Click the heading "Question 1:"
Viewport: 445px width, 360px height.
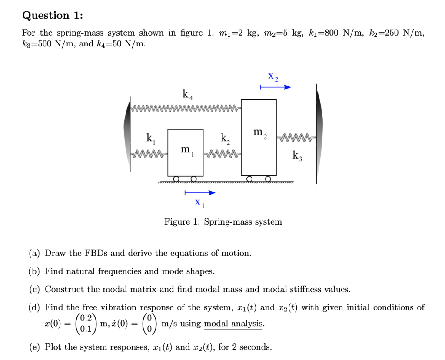52,15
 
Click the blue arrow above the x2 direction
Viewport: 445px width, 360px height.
275,88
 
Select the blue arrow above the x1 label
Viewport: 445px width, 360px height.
199,192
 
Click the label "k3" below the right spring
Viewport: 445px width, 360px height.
297,155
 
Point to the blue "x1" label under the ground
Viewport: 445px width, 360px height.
199,202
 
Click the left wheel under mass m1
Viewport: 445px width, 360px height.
176,179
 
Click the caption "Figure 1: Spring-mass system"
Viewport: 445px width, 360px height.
223,222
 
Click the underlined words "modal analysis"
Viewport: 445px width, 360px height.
233,324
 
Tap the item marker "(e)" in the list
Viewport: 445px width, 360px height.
35,347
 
